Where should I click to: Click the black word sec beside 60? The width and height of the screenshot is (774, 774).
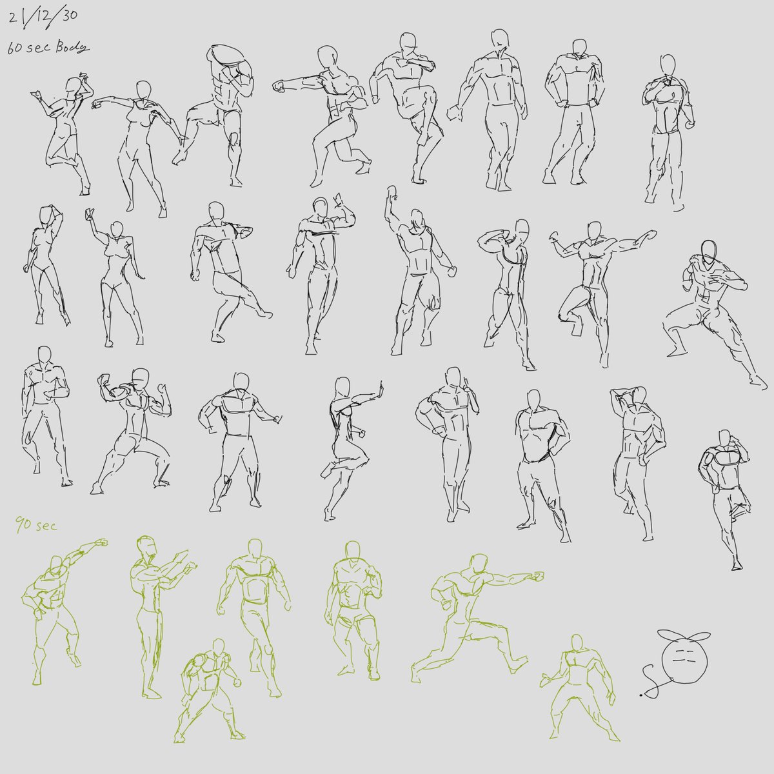tap(40, 48)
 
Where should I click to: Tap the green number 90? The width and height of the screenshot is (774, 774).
tap(23, 524)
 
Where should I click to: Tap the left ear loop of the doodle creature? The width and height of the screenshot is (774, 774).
tap(668, 636)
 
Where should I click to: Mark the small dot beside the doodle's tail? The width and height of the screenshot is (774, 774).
tap(640, 695)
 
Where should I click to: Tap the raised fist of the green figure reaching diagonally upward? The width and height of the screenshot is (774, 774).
tap(102, 542)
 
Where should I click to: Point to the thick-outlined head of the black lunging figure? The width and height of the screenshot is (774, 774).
tap(709, 253)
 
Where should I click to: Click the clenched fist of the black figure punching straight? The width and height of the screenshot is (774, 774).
tap(279, 85)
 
